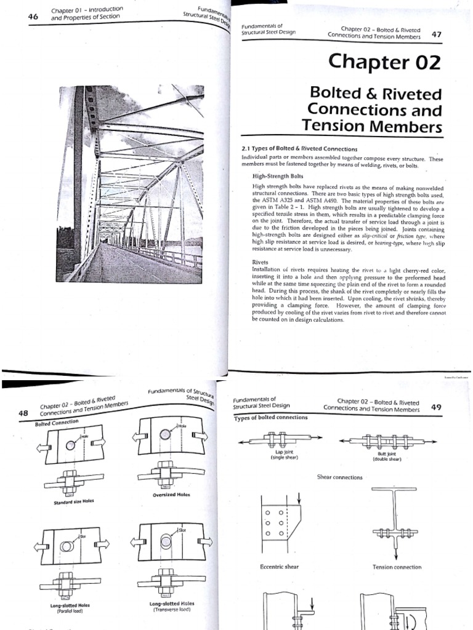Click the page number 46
33,17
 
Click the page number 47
437,34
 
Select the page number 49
436,407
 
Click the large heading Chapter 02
385,62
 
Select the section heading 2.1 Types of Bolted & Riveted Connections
299,149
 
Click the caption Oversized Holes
171,494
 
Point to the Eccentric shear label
280,567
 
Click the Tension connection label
397,567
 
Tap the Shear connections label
339,477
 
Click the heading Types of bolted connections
271,418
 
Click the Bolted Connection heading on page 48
57,423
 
